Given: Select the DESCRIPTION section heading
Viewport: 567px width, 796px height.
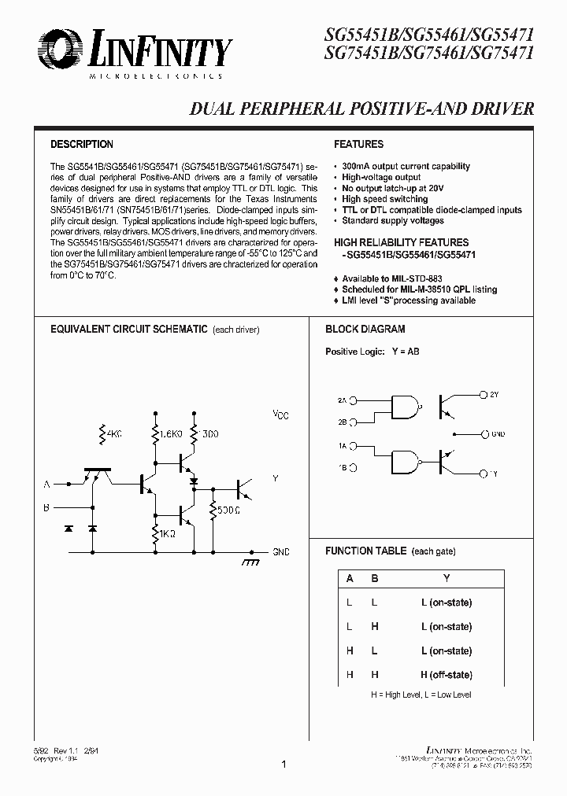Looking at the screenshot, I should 82,145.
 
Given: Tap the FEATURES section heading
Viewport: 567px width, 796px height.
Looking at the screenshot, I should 358,145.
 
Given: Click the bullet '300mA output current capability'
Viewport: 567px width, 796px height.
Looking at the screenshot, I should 406,167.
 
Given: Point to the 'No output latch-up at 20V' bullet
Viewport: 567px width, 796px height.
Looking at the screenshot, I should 393,189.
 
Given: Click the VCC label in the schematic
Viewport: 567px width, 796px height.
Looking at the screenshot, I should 280,415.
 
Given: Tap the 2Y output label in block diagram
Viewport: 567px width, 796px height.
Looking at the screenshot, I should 494,393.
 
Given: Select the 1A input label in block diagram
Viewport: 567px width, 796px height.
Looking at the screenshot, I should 342,446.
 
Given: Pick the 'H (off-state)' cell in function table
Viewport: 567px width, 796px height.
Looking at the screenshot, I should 446,675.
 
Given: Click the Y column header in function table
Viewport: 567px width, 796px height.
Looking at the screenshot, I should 447,579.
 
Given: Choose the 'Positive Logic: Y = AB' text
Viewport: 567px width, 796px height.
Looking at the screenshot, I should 372,352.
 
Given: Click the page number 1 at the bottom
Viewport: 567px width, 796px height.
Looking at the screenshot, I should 283,764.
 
